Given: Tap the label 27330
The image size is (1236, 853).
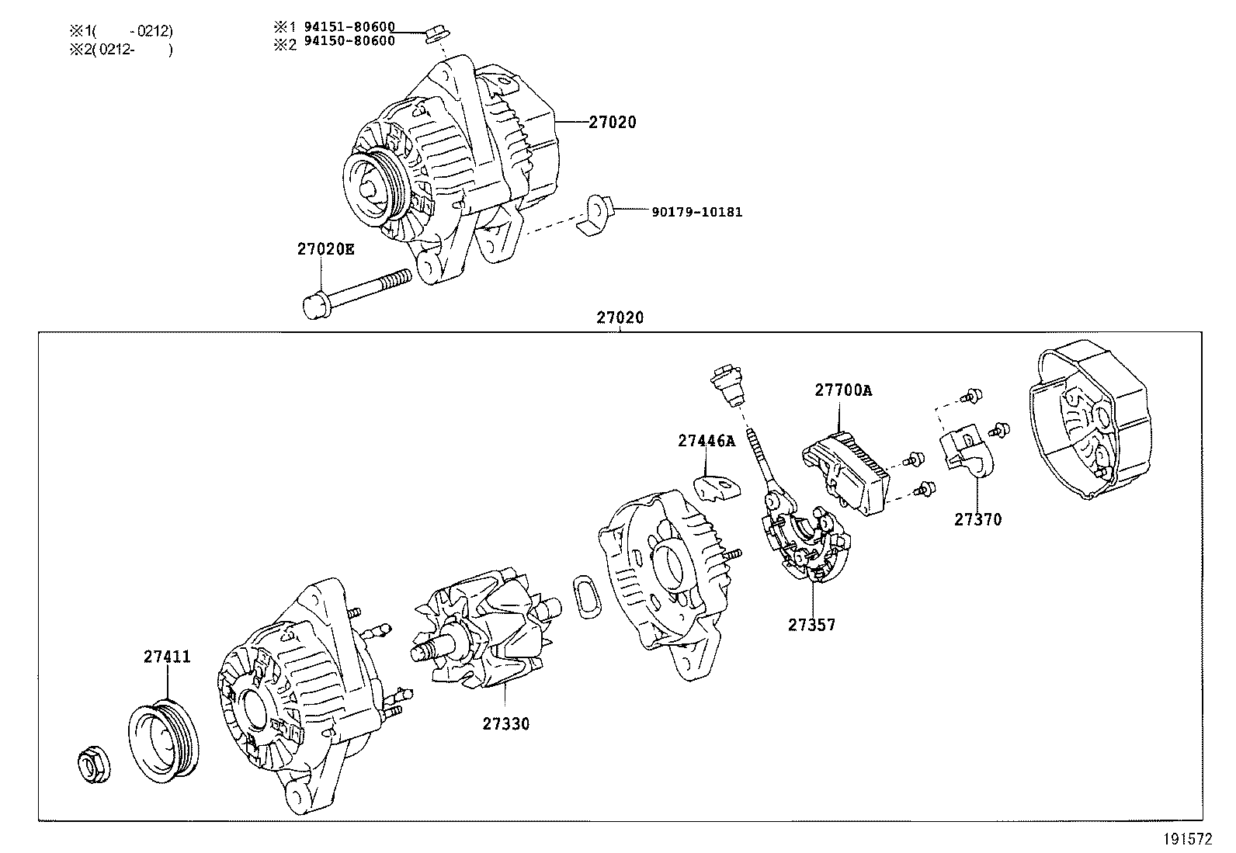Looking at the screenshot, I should pos(505,724).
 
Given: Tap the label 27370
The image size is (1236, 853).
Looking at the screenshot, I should pos(977,520).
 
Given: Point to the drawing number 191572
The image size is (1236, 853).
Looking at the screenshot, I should pos(1187,839).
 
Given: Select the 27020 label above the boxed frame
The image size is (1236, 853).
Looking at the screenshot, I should pos(620,317).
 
